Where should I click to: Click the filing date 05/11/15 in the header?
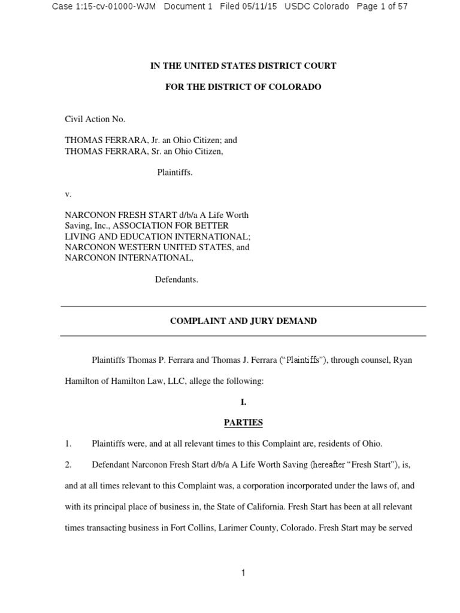click(x=257, y=7)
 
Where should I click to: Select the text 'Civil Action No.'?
click(x=95, y=119)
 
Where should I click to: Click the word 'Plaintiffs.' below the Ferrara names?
click(x=175, y=172)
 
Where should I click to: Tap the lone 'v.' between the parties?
click(x=68, y=193)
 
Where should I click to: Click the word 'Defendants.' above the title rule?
click(x=176, y=279)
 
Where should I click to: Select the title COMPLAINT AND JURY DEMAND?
click(x=243, y=321)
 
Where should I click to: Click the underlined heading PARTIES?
click(x=243, y=423)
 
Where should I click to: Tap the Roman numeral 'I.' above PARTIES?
click(x=243, y=402)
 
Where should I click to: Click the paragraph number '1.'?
click(x=68, y=444)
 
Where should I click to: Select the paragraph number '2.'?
click(x=68, y=465)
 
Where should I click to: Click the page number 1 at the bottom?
click(x=243, y=573)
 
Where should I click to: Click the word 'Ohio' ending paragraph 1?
click(x=371, y=444)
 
